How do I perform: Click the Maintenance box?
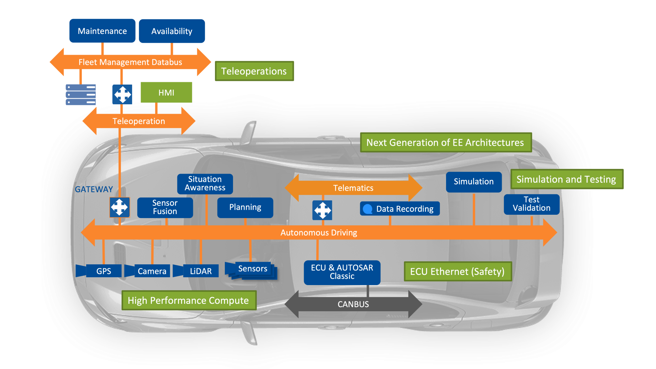[102, 31]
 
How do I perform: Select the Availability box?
[172, 31]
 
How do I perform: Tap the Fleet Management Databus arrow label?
[130, 62]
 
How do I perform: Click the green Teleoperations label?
[254, 71]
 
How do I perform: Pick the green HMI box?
[166, 92]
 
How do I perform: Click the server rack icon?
[81, 95]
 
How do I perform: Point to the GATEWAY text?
[94, 189]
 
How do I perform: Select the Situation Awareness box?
[205, 183]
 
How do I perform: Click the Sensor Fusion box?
[165, 207]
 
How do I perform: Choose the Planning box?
[245, 207]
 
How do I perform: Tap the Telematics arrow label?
[353, 188]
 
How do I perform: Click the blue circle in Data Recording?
[368, 209]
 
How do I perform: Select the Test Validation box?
[531, 204]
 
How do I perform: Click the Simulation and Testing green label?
[566, 179]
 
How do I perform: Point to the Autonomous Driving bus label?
[319, 233]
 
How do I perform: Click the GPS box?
[103, 271]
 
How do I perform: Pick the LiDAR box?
[200, 271]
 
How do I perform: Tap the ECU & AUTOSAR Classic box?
[342, 272]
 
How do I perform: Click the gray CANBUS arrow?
[353, 304]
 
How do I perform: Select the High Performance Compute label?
[189, 300]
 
